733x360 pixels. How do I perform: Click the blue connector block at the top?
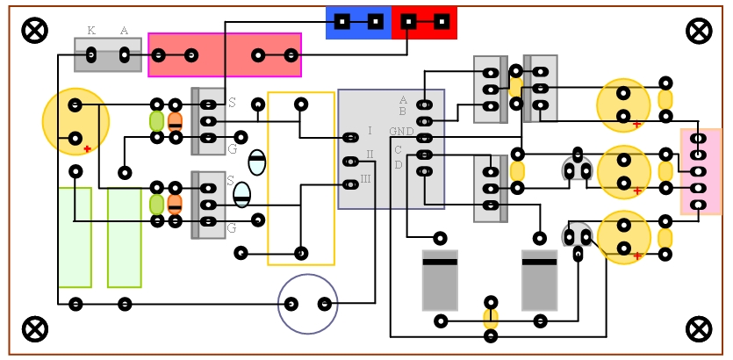[x=358, y=22]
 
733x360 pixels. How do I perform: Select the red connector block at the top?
[x=425, y=22]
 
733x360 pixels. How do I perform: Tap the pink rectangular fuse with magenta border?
[x=225, y=54]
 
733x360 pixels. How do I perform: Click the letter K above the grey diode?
[x=91, y=31]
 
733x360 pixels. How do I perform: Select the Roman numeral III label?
[x=366, y=178]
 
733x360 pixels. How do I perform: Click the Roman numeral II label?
[x=370, y=155]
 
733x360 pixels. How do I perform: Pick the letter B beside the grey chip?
[x=403, y=112]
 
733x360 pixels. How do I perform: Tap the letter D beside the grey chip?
[x=398, y=164]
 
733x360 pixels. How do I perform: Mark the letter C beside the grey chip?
[x=398, y=150]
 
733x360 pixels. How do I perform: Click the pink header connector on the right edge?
[x=700, y=171]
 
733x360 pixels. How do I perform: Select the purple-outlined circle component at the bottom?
[x=308, y=304]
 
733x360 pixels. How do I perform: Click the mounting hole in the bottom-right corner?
[x=699, y=329]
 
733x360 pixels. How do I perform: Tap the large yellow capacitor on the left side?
[x=75, y=121]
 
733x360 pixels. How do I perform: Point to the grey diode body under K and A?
[x=108, y=55]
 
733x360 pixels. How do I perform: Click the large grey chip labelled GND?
[x=391, y=149]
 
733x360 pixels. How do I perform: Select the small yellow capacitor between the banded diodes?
[x=491, y=319]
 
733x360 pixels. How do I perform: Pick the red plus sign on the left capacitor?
[x=87, y=149]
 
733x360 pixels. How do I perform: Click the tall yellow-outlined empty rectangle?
[x=301, y=178]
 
